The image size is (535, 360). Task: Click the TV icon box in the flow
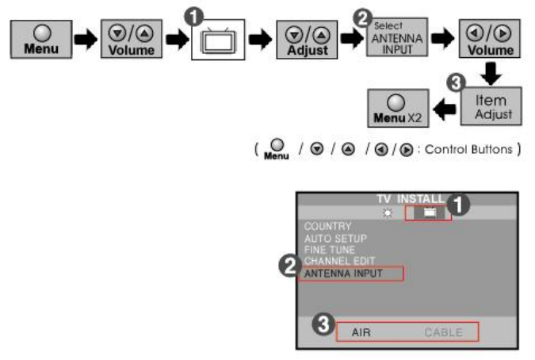point(217,39)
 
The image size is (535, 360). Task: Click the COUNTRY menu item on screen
point(327,226)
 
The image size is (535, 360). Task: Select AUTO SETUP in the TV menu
point(335,238)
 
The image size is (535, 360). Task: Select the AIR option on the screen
point(361,332)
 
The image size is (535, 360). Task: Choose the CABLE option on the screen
point(443,332)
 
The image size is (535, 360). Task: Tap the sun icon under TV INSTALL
point(387,213)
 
